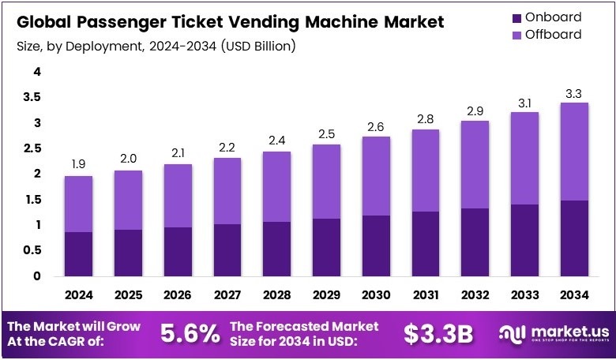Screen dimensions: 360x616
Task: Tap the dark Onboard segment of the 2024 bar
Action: click(78, 253)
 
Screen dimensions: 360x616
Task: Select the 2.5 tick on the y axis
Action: click(32, 148)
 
